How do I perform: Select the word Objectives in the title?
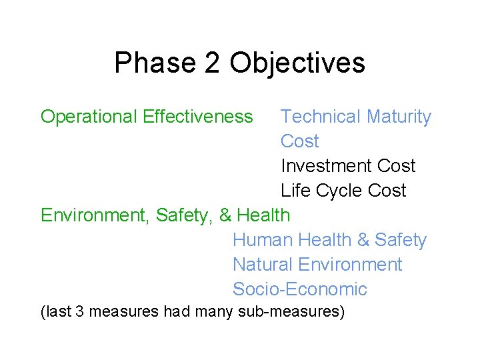pyautogui.click(x=297, y=63)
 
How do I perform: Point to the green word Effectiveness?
pyautogui.click(x=198, y=117)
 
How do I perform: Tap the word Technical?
pyautogui.click(x=321, y=117)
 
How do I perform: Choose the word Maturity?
pyautogui.click(x=399, y=117)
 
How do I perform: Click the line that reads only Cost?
pyautogui.click(x=300, y=141)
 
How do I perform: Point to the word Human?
pyautogui.click(x=263, y=240)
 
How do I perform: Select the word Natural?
pyautogui.click(x=262, y=265)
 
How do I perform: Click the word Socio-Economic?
pyautogui.click(x=300, y=289)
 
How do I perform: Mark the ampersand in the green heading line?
pyautogui.click(x=225, y=215)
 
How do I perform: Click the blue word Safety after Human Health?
pyautogui.click(x=401, y=240)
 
